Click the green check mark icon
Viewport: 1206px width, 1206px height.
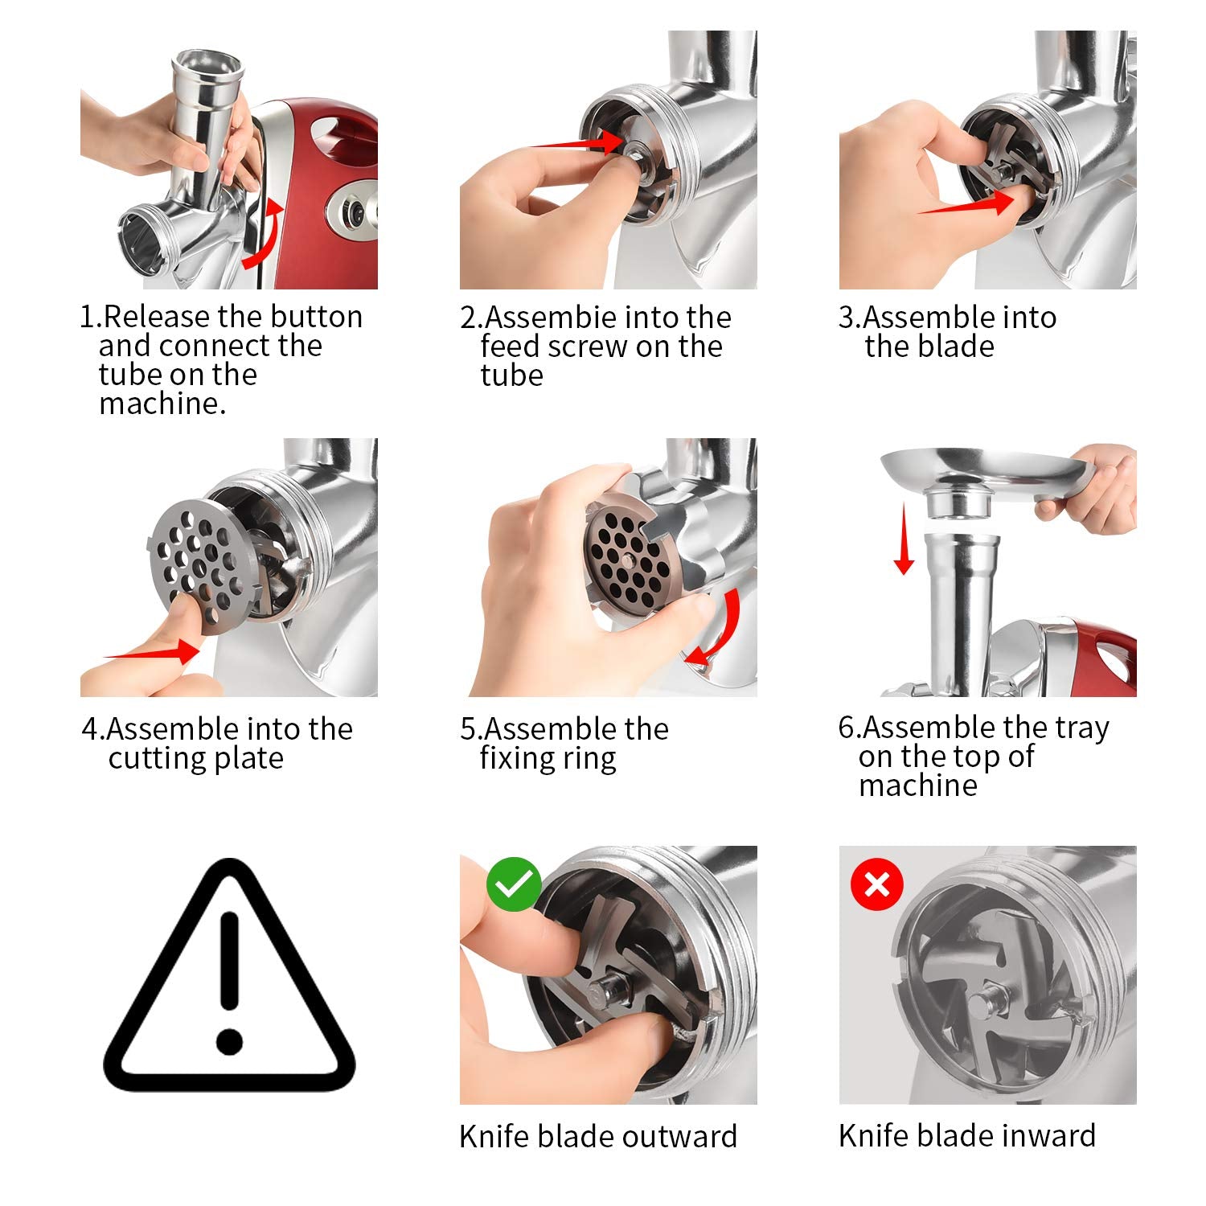[514, 884]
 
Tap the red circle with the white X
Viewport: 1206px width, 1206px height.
[876, 884]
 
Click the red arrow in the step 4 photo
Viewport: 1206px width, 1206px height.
[153, 652]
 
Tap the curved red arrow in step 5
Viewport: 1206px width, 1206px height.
[717, 631]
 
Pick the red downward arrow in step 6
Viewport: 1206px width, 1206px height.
[904, 538]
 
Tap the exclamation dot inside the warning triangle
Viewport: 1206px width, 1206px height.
[229, 1041]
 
